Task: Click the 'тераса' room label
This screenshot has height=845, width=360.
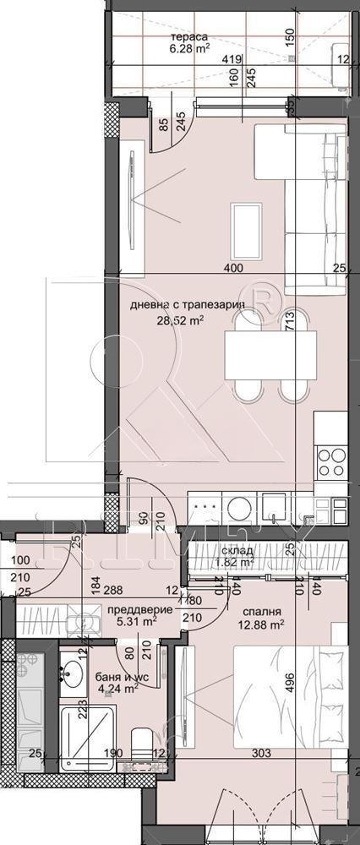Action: [189, 37]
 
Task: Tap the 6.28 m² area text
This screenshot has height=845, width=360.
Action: [189, 49]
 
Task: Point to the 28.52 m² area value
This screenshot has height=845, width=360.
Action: [179, 320]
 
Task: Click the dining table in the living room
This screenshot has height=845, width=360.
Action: [270, 357]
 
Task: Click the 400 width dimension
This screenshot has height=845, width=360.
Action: [234, 269]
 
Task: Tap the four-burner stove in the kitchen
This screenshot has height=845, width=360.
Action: [330, 463]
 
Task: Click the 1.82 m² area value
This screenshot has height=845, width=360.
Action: [236, 561]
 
